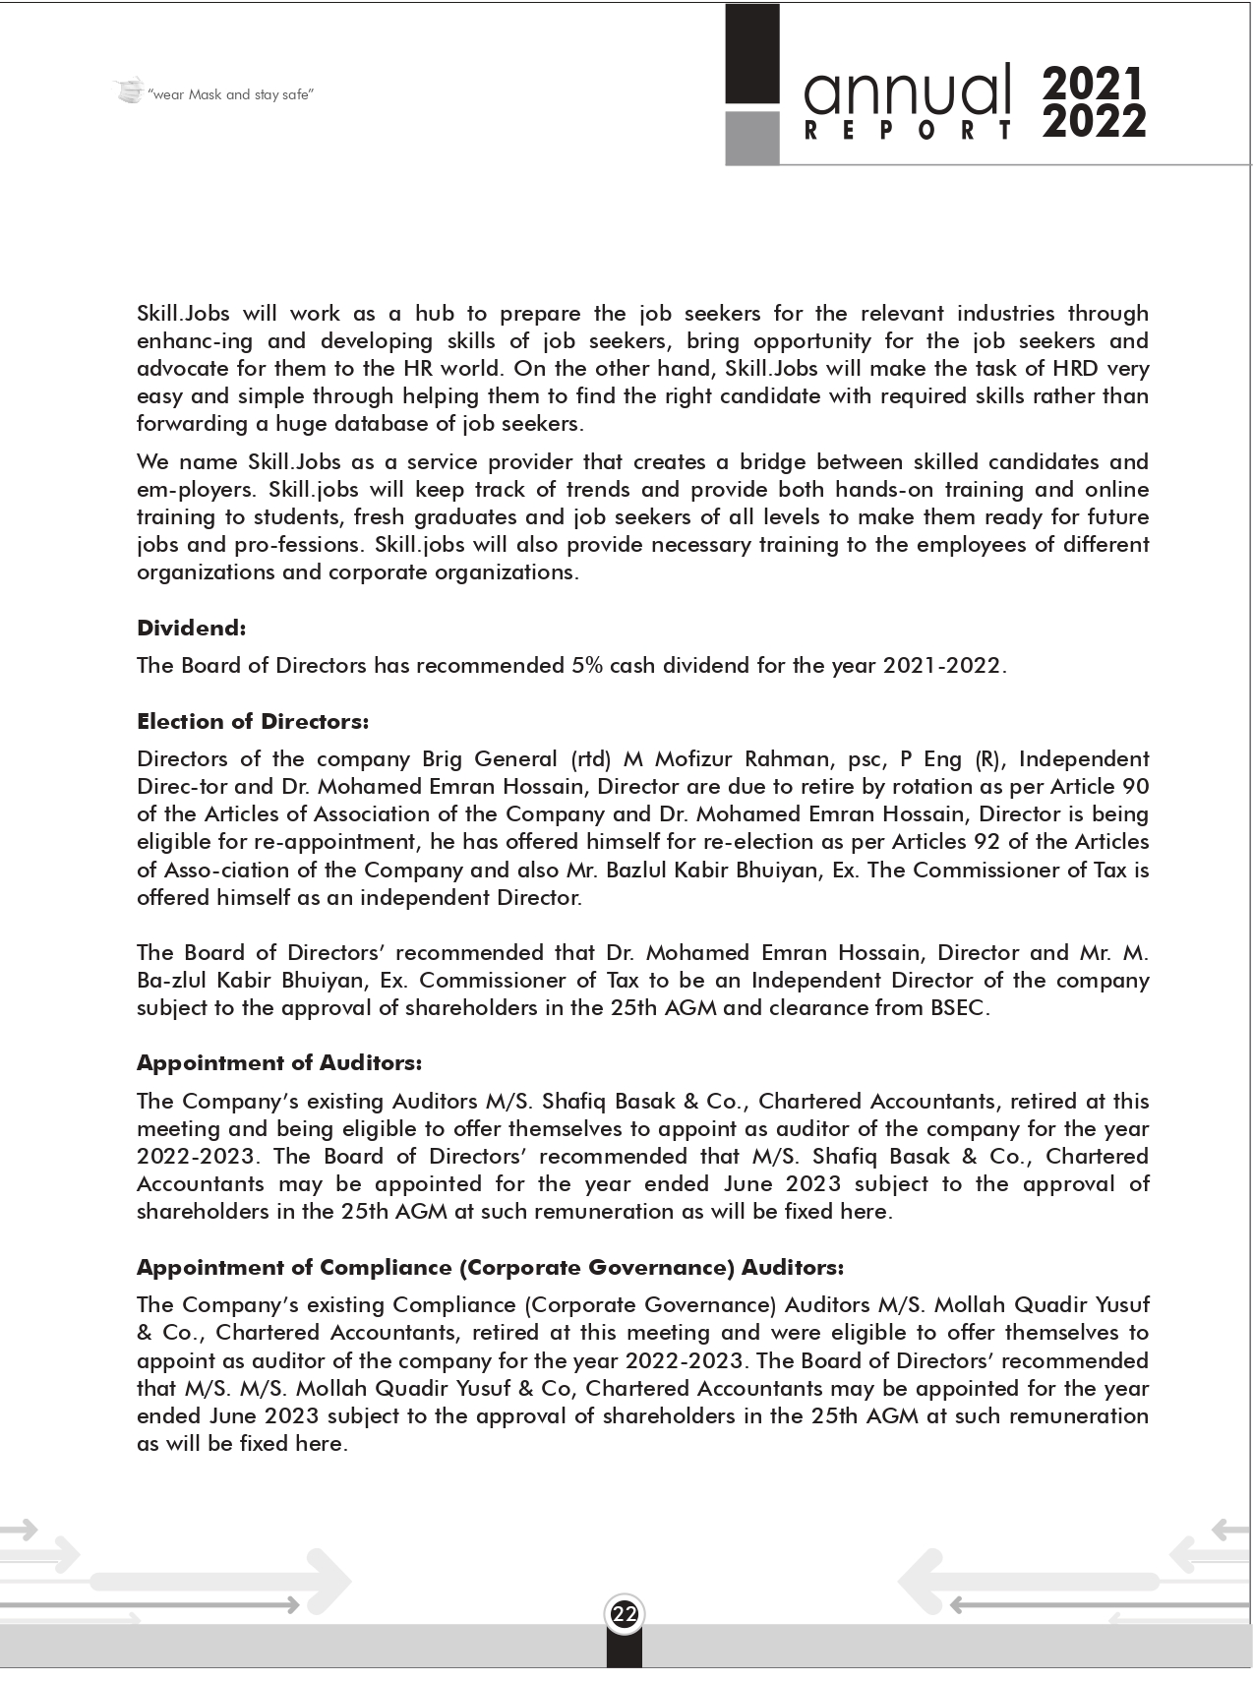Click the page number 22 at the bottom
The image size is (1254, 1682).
(x=625, y=1614)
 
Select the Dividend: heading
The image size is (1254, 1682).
(x=191, y=628)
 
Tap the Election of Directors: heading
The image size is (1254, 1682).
(x=253, y=721)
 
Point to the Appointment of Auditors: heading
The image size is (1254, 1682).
(x=278, y=1062)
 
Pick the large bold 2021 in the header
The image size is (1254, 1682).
(x=1094, y=85)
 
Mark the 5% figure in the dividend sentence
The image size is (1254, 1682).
(x=586, y=665)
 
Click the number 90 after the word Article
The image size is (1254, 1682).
(x=1134, y=787)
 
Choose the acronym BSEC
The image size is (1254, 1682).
(x=957, y=1008)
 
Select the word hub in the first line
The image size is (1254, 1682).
(x=435, y=314)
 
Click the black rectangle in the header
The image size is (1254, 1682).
(x=752, y=54)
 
